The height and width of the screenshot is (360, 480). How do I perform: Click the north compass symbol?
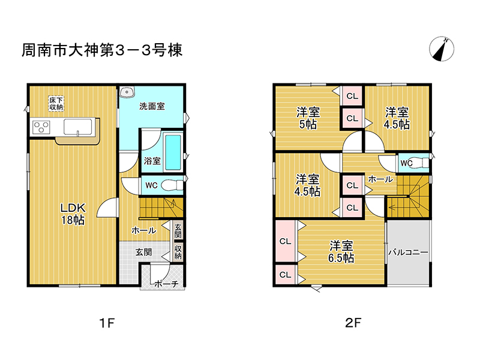[x=442, y=49]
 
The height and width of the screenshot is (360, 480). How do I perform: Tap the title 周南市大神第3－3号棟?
[x=102, y=50]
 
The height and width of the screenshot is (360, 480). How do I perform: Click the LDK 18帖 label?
[x=73, y=214]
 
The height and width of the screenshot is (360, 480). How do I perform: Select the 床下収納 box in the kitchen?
[x=56, y=103]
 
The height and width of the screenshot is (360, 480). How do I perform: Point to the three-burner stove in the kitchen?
[x=41, y=127]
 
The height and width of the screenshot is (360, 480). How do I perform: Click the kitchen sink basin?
[x=78, y=127]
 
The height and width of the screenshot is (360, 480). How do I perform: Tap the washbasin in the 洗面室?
[x=127, y=92]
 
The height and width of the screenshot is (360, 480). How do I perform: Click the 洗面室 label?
[x=152, y=106]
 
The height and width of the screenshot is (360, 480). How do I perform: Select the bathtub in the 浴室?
[x=173, y=152]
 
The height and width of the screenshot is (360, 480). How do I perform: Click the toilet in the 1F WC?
[x=172, y=185]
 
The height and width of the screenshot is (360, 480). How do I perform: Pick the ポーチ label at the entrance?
[x=166, y=284]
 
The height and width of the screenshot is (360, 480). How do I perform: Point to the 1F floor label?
[x=107, y=323]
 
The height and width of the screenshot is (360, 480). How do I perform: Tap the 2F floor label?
[x=353, y=323]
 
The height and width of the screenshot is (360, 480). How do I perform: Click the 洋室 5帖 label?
[x=308, y=118]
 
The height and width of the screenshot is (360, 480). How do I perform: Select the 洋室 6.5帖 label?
[x=341, y=251]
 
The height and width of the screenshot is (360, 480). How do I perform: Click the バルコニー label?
[x=409, y=252]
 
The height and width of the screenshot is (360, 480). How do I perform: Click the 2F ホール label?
[x=380, y=179]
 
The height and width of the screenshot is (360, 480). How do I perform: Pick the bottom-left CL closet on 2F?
[x=286, y=275]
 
